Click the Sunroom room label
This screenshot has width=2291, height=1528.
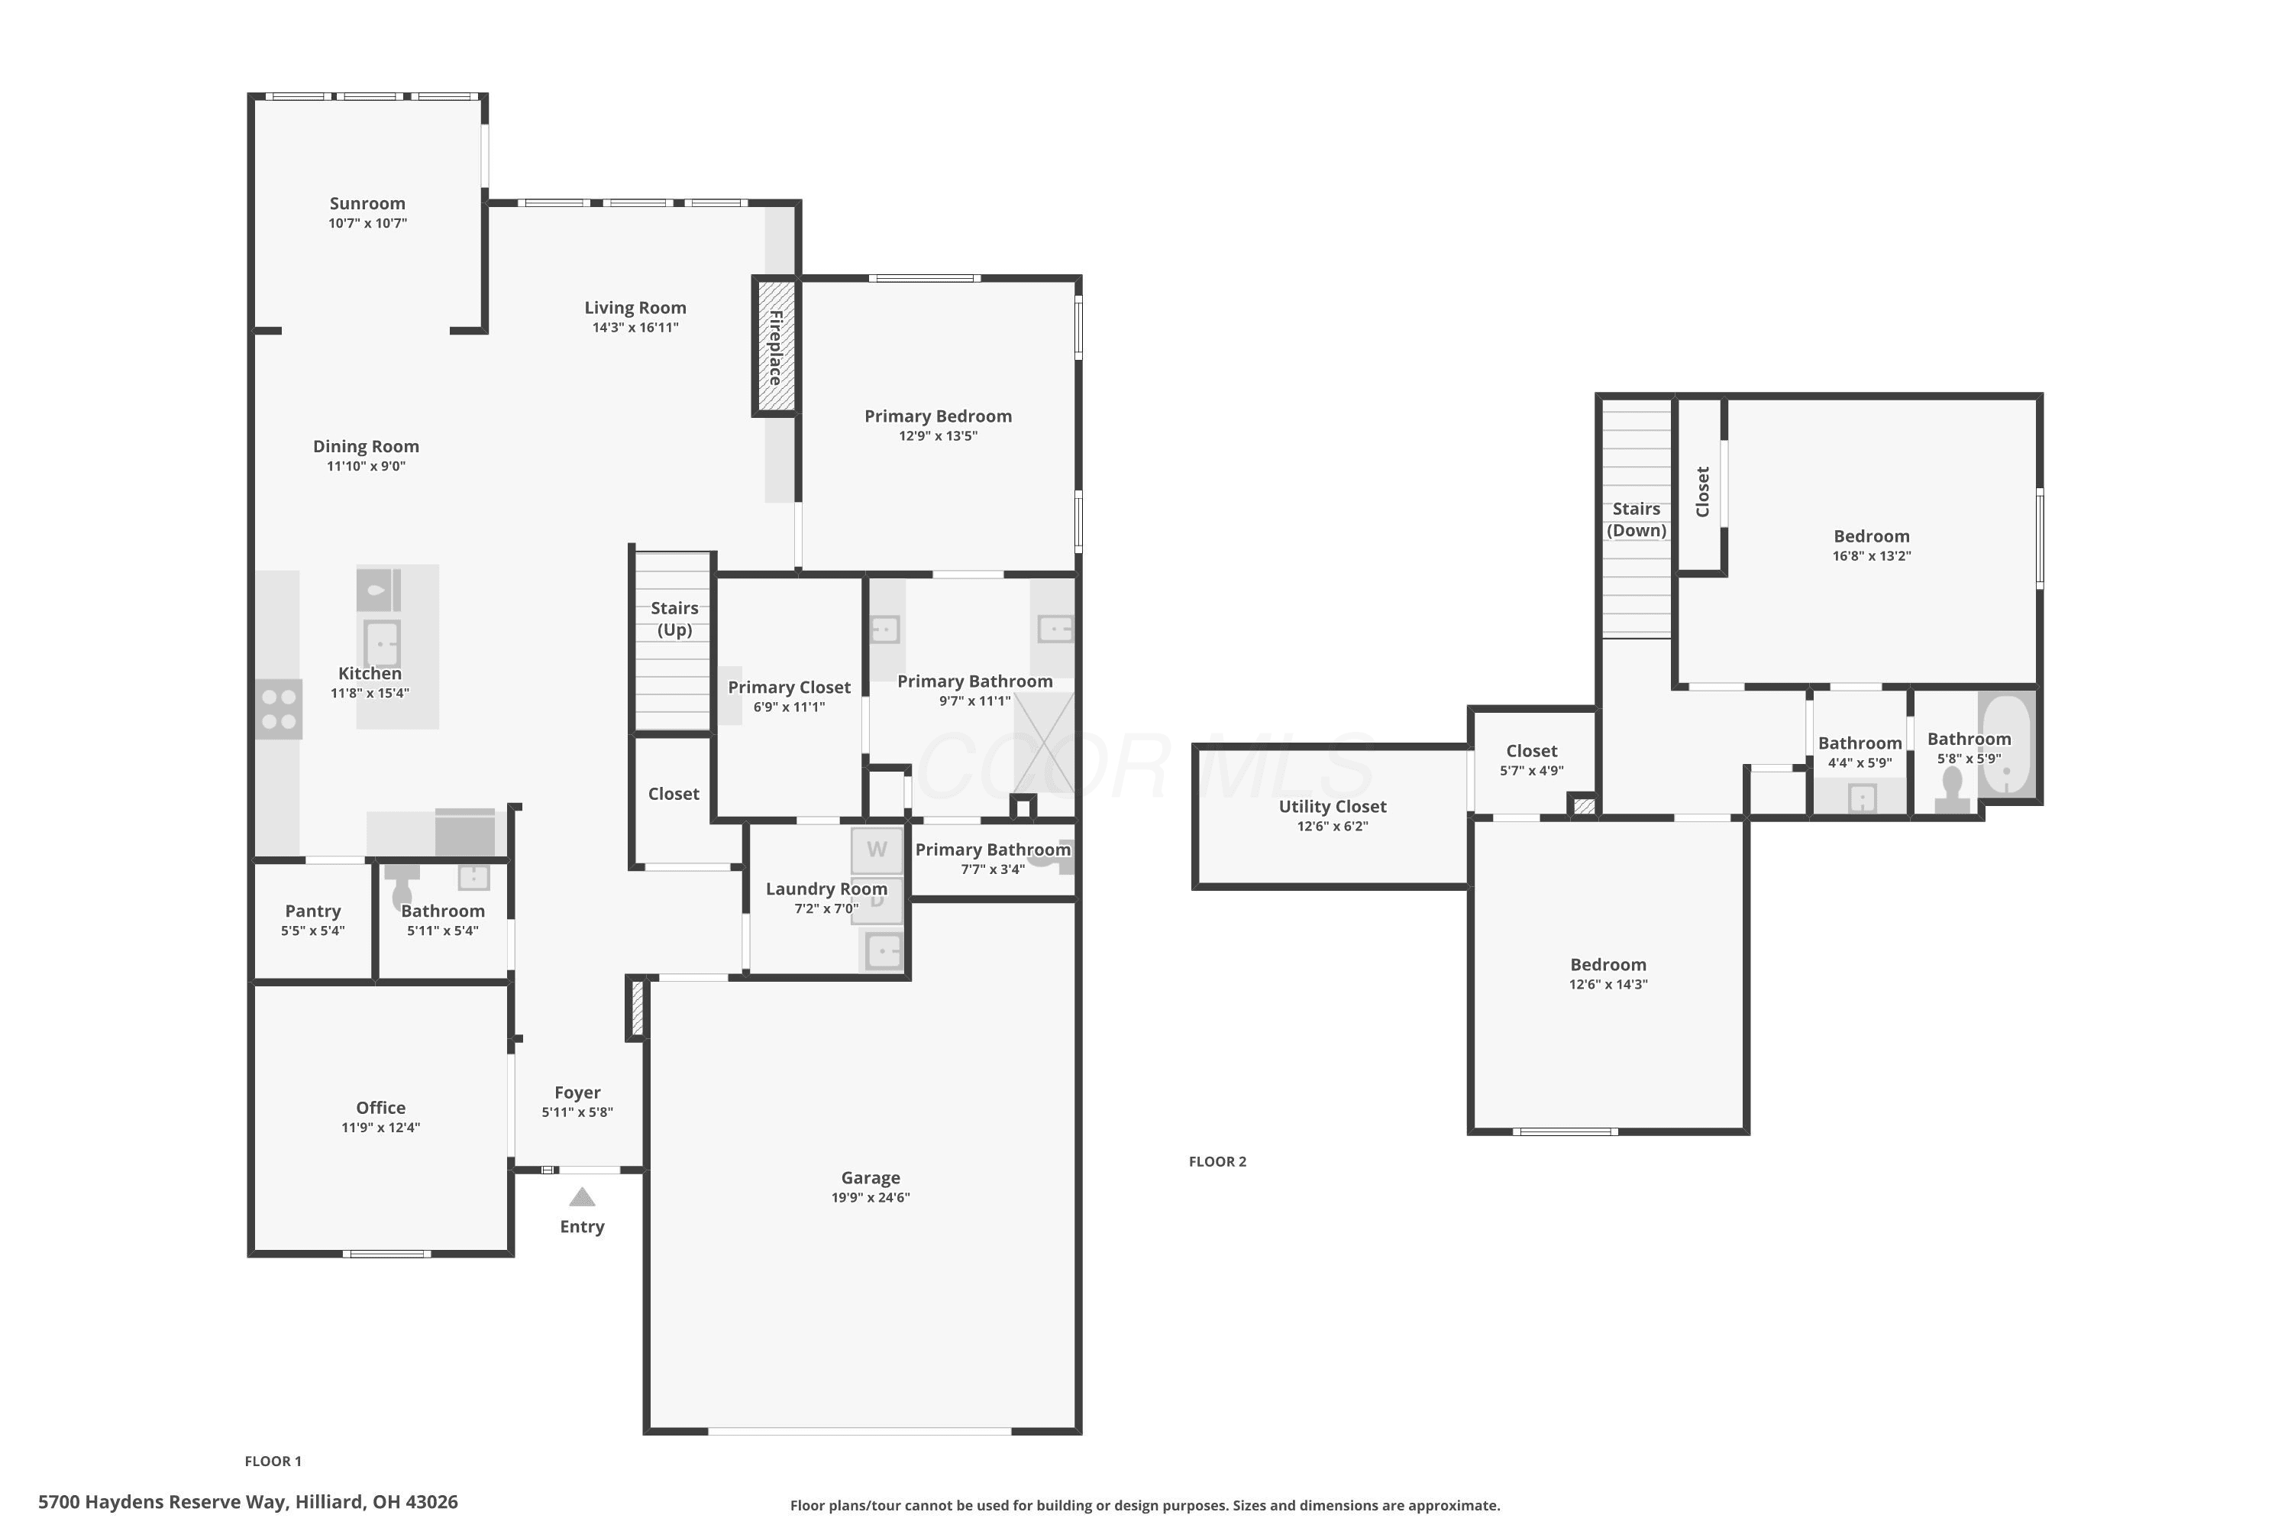click(367, 204)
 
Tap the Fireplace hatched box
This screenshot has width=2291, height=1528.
click(775, 346)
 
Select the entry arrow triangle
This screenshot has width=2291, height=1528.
click(581, 1196)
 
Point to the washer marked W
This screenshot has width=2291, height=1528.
click(877, 850)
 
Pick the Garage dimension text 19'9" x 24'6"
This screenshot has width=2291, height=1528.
click(871, 1198)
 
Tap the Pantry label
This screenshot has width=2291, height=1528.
click(312, 911)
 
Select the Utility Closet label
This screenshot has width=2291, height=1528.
click(1333, 807)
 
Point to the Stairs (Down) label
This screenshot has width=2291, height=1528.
click(1637, 520)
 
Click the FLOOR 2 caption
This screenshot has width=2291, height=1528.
click(1217, 1161)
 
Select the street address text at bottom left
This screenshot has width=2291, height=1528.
click(247, 1502)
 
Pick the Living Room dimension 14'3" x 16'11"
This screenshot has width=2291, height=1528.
click(635, 328)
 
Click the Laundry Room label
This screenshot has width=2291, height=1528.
click(826, 889)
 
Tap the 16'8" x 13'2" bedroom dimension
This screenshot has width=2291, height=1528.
click(1871, 556)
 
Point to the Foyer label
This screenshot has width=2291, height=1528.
click(577, 1093)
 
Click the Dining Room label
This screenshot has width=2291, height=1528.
click(367, 446)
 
